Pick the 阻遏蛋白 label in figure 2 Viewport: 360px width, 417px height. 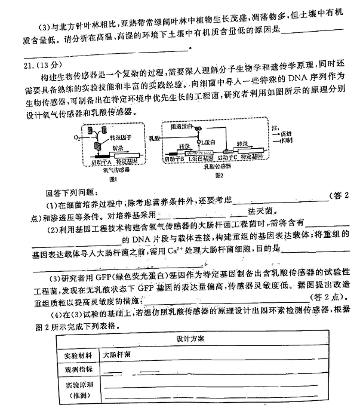(180, 126)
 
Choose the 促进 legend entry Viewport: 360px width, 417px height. (281, 134)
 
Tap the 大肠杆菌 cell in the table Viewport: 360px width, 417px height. (117, 354)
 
